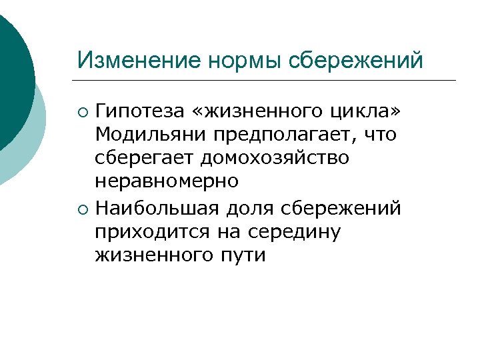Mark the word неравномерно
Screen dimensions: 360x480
[166, 182]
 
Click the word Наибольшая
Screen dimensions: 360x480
[159, 209]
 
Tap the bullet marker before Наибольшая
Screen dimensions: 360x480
[82, 209]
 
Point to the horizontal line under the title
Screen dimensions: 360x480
[267, 81]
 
